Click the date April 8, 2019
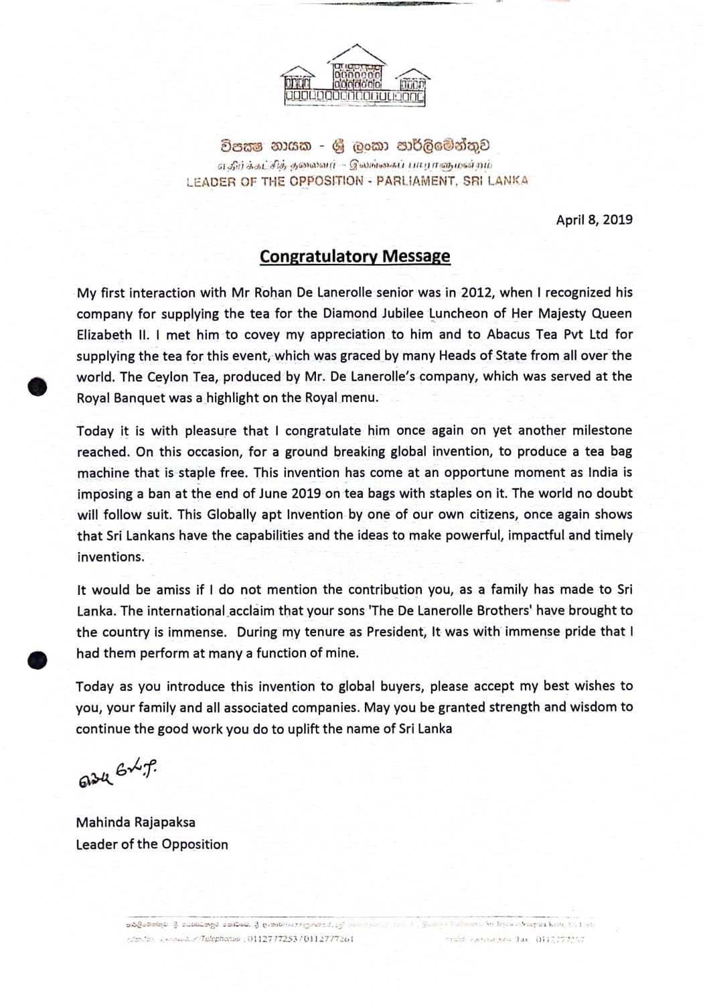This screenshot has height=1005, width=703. coord(594,220)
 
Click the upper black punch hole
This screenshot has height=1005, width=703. coord(38,387)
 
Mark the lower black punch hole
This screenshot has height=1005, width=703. coord(38,660)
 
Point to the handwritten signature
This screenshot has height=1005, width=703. coord(116,775)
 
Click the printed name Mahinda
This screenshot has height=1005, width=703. coord(104,822)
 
